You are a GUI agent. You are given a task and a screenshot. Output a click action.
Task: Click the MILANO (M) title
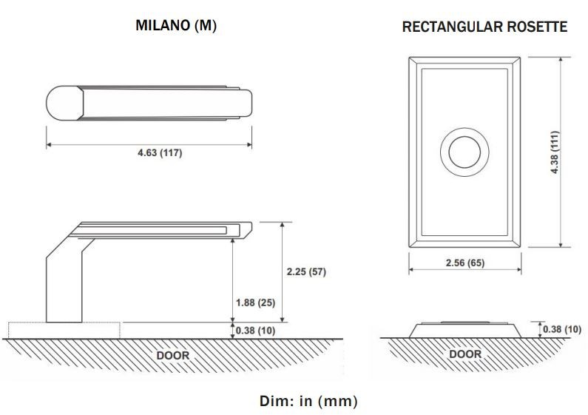coord(176,26)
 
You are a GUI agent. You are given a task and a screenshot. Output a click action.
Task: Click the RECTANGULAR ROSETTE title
coord(484,27)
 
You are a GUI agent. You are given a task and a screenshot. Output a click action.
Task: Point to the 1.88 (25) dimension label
coord(254,303)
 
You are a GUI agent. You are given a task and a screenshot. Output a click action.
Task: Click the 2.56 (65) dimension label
coord(465,263)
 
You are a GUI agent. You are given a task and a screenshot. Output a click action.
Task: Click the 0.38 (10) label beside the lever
coord(255,331)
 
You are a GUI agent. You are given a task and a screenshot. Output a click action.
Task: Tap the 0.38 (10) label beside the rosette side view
coord(562,329)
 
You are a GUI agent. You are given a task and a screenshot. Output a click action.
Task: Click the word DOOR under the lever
coord(172,355)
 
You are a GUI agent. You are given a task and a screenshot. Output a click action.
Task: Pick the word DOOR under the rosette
coord(465,354)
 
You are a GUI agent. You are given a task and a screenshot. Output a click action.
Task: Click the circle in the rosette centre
coord(464,153)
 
